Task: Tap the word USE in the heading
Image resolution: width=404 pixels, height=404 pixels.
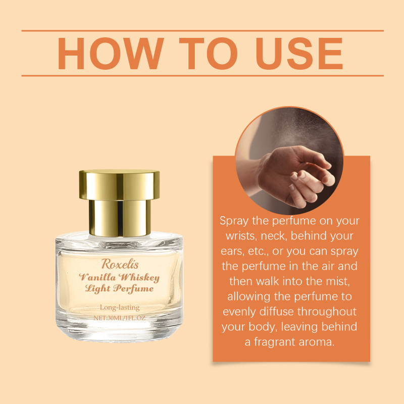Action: [x=299, y=54]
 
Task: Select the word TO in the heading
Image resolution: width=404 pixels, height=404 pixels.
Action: [x=208, y=54]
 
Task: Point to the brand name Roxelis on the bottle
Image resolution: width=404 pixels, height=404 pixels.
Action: [x=120, y=264]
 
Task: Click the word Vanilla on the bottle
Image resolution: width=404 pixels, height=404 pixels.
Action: [x=97, y=277]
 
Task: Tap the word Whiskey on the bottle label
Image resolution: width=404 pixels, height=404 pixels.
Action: [x=139, y=277]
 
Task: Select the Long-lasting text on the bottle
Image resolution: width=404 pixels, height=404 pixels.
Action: [x=120, y=308]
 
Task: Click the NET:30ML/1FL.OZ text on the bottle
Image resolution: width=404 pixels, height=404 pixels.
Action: [x=120, y=318]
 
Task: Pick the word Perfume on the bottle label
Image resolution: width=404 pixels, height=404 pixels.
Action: [x=133, y=288]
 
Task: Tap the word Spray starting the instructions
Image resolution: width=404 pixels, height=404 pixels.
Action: [x=234, y=221]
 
